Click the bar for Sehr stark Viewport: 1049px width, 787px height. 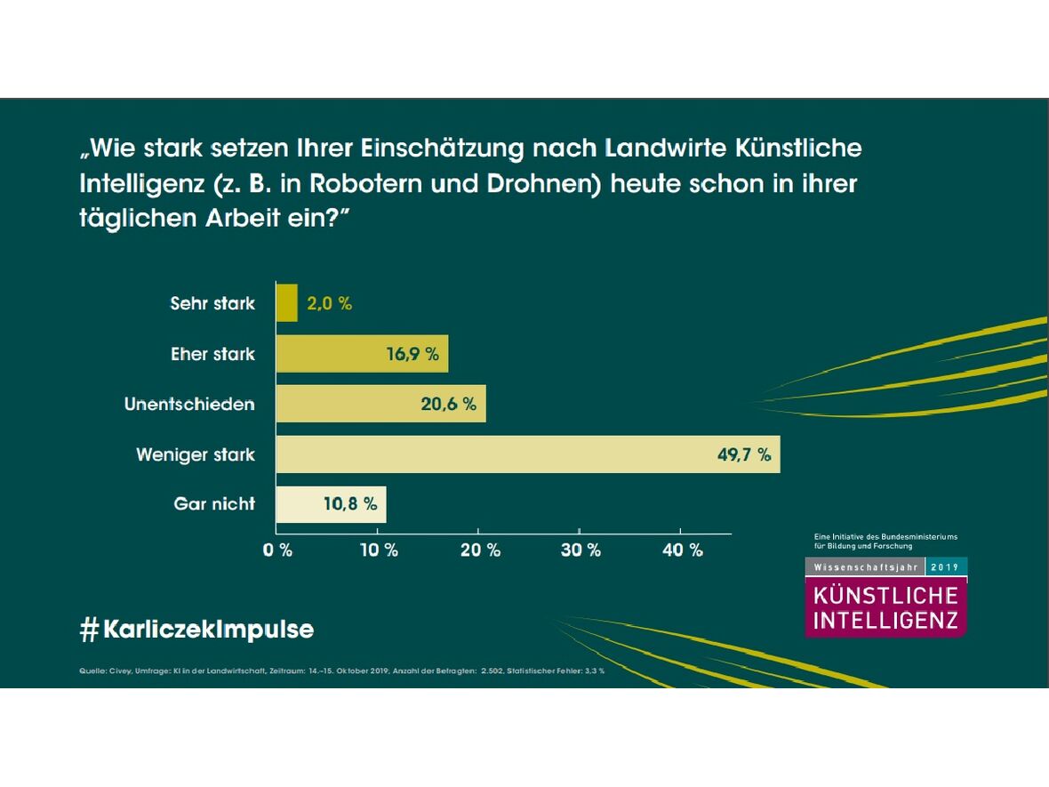(x=286, y=303)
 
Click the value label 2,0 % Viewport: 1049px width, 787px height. (x=329, y=303)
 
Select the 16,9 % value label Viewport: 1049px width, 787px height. (x=412, y=354)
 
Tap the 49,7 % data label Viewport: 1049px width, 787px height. (x=743, y=454)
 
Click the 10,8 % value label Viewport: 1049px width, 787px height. (x=349, y=504)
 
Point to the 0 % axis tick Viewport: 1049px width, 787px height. (x=278, y=550)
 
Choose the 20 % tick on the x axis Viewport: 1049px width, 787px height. (x=480, y=550)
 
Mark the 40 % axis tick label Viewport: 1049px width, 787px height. (x=682, y=550)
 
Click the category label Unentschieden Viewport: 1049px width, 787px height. (x=189, y=404)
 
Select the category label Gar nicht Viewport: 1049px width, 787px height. (x=214, y=504)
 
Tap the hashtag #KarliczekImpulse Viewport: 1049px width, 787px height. (x=196, y=630)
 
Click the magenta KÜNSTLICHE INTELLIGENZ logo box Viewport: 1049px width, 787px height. (x=885, y=608)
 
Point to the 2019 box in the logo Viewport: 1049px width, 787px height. (x=946, y=566)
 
